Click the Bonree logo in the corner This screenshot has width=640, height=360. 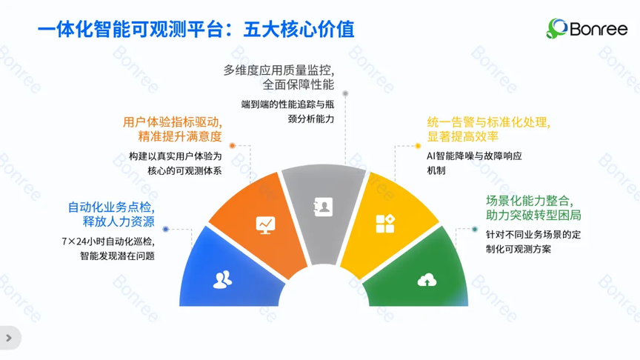click(x=587, y=29)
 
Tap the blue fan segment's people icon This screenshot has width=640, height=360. click(x=222, y=280)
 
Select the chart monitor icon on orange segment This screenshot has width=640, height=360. click(x=265, y=225)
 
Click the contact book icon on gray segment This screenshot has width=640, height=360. click(x=323, y=207)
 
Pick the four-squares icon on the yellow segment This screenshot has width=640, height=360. click(x=385, y=224)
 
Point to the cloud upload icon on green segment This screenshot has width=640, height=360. click(x=427, y=280)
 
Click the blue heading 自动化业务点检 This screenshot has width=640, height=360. click(x=111, y=207)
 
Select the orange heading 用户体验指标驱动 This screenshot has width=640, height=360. click(x=173, y=122)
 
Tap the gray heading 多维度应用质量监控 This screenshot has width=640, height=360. click(x=279, y=70)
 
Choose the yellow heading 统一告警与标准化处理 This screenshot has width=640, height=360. click(x=489, y=122)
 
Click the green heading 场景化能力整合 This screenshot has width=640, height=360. click(x=530, y=201)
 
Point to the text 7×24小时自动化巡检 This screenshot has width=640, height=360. click(x=108, y=241)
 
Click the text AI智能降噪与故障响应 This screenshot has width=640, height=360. click(x=474, y=156)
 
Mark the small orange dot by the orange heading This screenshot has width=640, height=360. click(x=233, y=146)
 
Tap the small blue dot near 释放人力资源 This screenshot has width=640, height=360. click(x=166, y=230)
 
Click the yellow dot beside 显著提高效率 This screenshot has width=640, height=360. click(x=418, y=146)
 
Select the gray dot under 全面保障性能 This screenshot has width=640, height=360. click(x=345, y=93)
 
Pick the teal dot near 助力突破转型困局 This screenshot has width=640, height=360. click(x=475, y=230)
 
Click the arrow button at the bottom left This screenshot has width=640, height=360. click(x=9, y=338)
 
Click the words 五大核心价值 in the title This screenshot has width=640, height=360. click(x=299, y=30)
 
